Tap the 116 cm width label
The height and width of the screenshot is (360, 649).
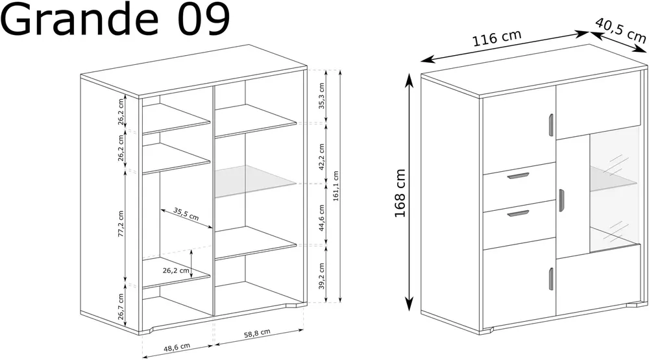pos(496,38)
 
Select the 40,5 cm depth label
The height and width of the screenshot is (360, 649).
pos(620,30)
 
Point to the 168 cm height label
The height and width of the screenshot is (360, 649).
pos(400,193)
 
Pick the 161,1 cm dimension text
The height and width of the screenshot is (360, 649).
pos(336,186)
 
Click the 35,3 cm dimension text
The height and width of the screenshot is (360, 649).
pos(322,95)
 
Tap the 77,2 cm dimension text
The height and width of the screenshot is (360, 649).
pos(121,224)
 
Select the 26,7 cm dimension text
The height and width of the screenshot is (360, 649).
pos(121,307)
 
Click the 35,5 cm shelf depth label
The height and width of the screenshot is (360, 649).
pos(186,214)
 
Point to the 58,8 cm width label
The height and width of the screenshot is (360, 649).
pos(257,333)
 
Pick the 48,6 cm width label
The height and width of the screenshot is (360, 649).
pos(177,348)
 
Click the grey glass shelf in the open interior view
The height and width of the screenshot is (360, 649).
pos(255,180)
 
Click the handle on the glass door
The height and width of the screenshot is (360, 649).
pos(561,200)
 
